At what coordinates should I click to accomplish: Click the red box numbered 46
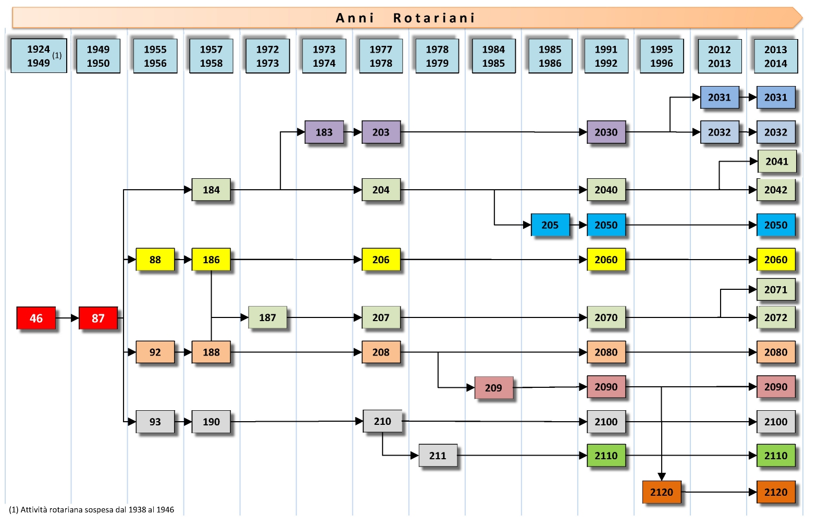36,318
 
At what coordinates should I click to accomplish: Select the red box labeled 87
98,318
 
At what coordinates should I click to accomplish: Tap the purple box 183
324,132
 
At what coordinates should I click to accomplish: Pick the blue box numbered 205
550,225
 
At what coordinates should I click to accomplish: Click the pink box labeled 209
493,388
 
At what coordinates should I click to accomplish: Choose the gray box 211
438,456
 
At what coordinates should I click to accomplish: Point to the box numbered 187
267,317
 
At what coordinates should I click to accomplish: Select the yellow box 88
155,260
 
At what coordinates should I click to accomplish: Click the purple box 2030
606,132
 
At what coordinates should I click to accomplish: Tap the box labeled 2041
776,162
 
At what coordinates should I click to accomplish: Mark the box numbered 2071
775,290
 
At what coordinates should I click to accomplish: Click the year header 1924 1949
39,56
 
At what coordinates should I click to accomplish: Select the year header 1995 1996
661,56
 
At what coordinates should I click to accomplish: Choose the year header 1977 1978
381,56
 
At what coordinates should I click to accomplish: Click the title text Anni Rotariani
405,18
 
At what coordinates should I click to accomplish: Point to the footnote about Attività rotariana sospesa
92,510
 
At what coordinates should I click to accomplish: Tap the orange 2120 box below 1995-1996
661,492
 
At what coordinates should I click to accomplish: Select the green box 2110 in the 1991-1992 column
606,456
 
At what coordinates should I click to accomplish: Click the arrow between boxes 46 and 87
67,318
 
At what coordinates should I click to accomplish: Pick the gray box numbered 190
211,422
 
